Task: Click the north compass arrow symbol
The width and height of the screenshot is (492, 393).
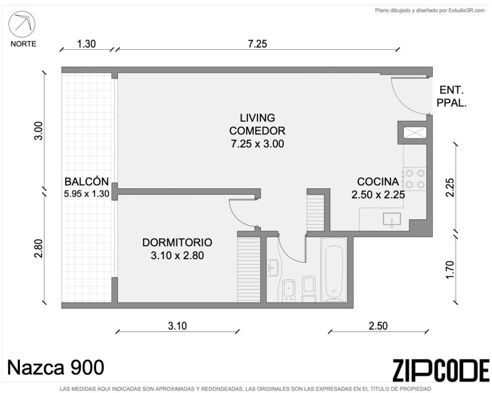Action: coord(22,24)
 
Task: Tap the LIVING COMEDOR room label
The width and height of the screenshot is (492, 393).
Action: coord(257,131)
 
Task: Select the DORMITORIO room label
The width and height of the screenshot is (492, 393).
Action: coord(177,249)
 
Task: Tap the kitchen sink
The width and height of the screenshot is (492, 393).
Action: coord(392,219)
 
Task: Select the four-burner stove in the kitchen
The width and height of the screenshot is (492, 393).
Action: coord(414,178)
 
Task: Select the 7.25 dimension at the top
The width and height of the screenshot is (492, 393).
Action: coord(257,43)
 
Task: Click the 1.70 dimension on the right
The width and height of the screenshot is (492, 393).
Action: coord(450,269)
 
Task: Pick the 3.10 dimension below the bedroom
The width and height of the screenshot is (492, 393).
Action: coord(177,326)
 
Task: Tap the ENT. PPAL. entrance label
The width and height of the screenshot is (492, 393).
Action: coord(452,96)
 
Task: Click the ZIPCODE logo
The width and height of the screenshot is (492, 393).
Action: coord(441,370)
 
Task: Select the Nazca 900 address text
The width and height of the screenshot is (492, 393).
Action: coord(56,367)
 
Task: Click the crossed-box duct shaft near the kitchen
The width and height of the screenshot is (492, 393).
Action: coord(415,133)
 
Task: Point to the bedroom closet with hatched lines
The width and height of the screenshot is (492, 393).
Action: coord(249,269)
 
